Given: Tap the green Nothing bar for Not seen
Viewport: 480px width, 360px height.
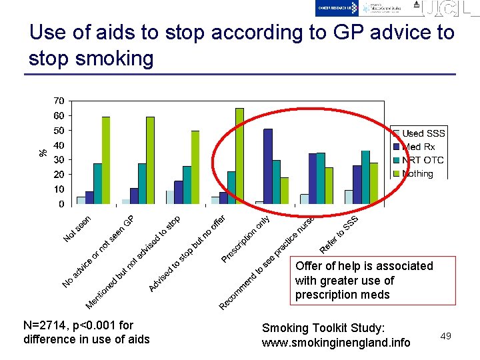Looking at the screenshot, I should coord(106,161).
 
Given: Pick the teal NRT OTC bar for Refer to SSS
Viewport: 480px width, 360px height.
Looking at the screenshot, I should coord(365,177).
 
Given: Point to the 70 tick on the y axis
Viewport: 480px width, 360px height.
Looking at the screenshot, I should coord(59,101).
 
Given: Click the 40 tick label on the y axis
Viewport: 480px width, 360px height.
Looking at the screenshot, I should coord(59,145).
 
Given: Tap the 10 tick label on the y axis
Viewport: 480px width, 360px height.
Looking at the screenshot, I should coord(59,190).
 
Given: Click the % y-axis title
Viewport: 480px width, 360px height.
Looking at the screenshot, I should coord(43,153).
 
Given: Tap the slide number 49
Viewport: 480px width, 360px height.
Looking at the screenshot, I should coord(445,336).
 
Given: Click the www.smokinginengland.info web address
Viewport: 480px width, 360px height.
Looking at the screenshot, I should coord(336,343).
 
